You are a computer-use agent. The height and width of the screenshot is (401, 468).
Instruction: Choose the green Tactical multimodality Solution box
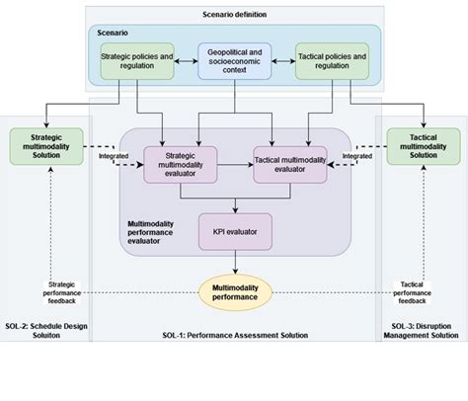[422, 147]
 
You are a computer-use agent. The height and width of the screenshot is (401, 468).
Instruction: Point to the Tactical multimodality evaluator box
[289, 165]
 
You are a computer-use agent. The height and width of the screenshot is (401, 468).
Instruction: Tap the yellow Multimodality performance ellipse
[234, 291]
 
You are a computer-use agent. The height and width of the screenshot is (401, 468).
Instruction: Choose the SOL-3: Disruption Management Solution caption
[422, 330]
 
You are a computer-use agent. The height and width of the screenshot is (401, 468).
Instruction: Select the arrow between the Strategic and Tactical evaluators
[234, 166]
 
